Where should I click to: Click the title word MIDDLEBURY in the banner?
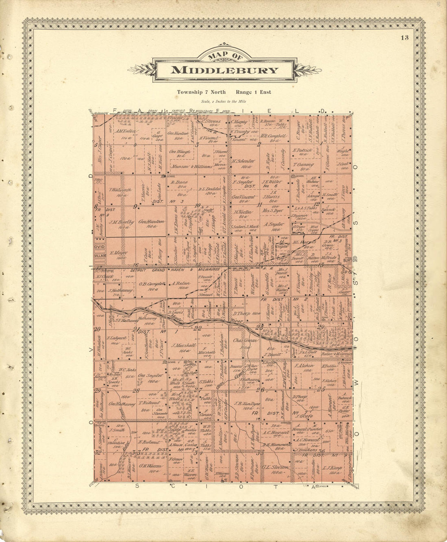coord(224,70)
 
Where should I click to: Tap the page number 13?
coord(404,38)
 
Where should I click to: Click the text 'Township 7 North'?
coord(201,92)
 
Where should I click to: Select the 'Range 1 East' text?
coord(253,92)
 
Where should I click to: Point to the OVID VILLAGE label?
coord(100,250)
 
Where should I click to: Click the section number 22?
coord(197,328)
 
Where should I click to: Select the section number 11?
coord(259,204)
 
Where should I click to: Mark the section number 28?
coord(136,390)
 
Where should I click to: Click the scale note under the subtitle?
coord(223,102)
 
